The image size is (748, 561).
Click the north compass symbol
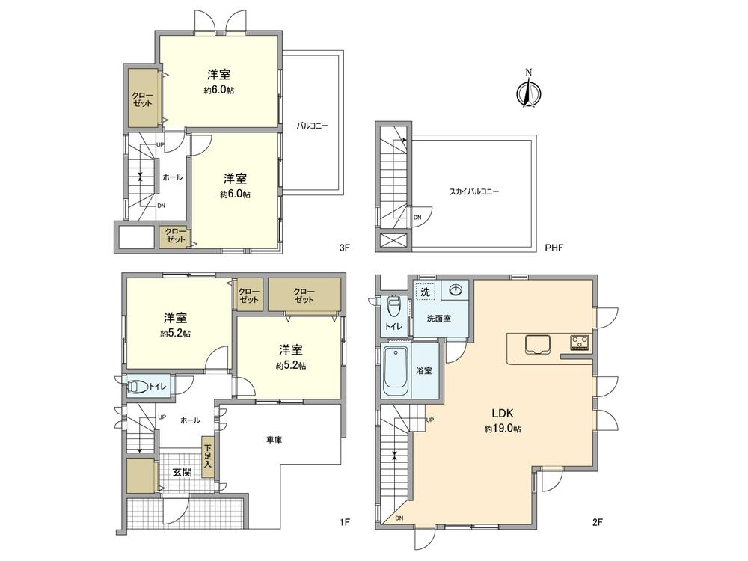click(528, 93)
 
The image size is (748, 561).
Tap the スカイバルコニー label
click(474, 191)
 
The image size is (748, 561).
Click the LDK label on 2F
click(501, 414)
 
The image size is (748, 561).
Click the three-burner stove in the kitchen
click(580, 343)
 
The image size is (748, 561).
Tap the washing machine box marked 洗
click(425, 292)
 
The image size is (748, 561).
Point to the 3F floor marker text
click(345, 245)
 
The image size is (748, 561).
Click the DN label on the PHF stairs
click(417, 218)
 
